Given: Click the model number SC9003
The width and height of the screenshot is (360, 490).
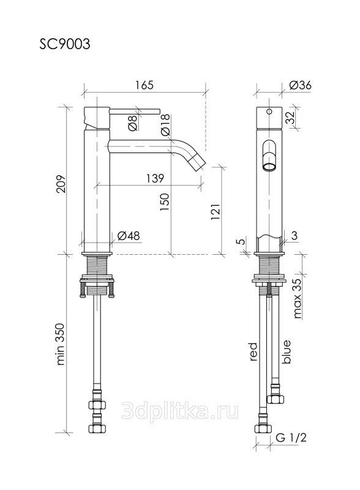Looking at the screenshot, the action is point(65,44).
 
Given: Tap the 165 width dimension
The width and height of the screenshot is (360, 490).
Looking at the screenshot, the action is point(144,85).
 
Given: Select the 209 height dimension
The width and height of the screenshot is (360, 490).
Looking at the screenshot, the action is point(62,184).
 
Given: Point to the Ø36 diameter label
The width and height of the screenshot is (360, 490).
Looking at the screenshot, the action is point(301,85).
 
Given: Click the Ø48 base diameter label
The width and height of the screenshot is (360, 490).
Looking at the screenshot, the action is point(129,236).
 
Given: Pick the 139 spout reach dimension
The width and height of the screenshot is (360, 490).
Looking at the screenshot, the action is point(155,178).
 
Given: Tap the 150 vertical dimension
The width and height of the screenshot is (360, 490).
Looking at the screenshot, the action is point(165,202).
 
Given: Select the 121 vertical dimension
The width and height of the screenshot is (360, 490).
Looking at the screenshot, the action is point(216,211).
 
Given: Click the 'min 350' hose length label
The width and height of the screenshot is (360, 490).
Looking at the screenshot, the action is point(61,344).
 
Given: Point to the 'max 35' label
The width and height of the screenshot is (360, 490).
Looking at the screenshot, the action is point(298,298).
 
